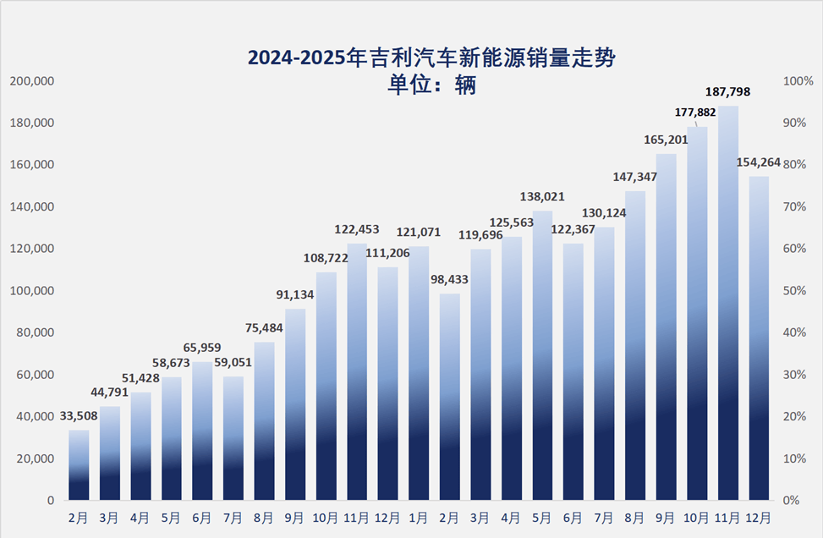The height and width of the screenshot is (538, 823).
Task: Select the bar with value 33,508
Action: pos(79,465)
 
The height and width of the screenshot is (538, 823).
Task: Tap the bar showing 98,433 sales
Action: pos(450,397)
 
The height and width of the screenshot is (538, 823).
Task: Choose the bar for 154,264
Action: pos(759,338)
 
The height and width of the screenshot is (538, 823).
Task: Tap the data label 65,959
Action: pos(203,347)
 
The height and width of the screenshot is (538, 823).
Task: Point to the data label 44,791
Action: pos(110,391)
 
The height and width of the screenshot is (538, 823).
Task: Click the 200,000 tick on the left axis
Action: pos(32,81)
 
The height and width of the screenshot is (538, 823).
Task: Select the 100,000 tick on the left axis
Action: pos(32,291)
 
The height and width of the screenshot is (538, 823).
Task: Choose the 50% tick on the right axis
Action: pos(796,291)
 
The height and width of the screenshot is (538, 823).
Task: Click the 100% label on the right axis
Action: pos(798,81)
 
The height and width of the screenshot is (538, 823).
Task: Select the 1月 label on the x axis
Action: pos(420,516)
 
